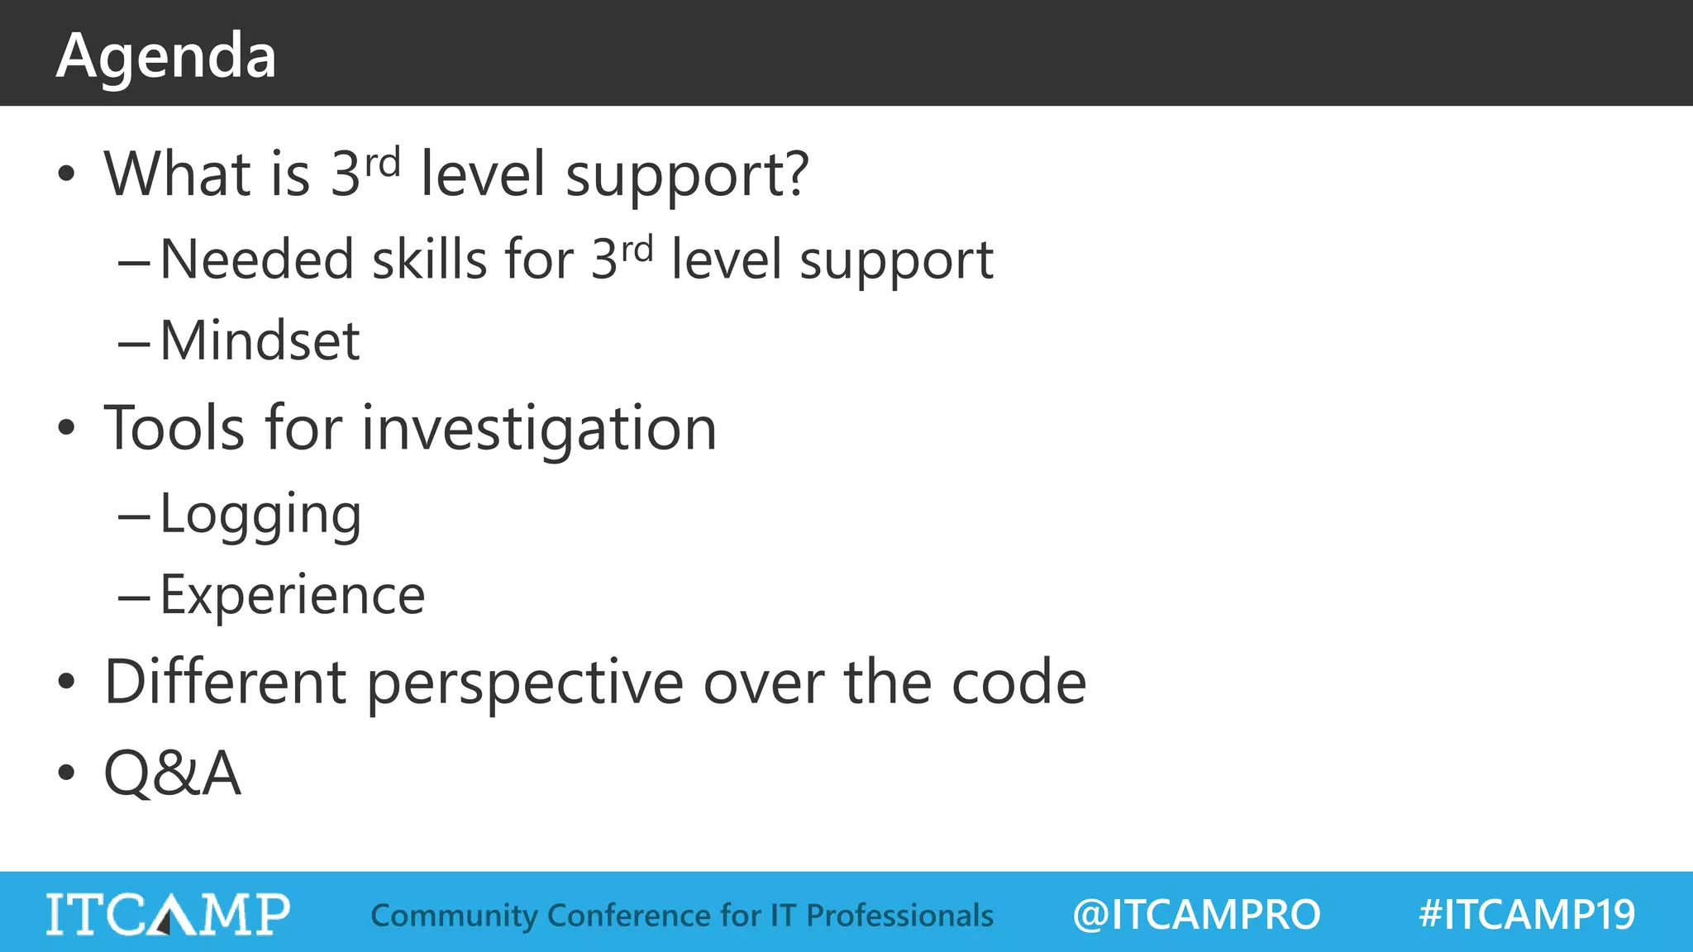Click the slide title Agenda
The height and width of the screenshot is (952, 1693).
(x=166, y=56)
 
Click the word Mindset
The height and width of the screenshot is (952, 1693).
(x=260, y=340)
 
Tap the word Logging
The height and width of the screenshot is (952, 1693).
(x=260, y=514)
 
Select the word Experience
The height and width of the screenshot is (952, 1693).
(x=292, y=595)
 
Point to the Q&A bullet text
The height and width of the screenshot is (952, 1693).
(x=172, y=773)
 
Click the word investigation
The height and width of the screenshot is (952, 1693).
(x=539, y=429)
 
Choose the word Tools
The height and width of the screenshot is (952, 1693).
(x=174, y=429)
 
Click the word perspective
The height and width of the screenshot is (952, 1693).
(x=525, y=683)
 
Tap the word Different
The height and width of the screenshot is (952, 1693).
(x=225, y=683)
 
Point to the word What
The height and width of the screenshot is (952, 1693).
(x=177, y=174)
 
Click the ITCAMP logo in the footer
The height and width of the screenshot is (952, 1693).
(x=168, y=914)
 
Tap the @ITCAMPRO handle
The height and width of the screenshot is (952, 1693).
(x=1196, y=915)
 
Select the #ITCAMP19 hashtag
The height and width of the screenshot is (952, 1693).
(x=1527, y=915)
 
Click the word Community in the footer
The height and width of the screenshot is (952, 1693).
(x=454, y=916)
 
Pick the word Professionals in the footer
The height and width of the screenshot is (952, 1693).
(x=899, y=916)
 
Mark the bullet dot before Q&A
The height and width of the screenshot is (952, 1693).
(x=66, y=773)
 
